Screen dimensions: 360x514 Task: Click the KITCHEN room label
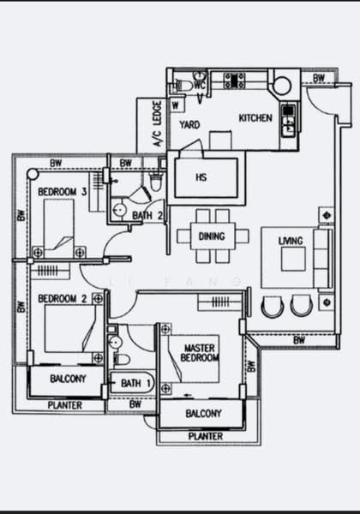255,118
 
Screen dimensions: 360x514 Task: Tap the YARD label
189,125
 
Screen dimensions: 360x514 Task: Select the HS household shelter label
201,177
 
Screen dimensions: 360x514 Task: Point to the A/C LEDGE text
158,123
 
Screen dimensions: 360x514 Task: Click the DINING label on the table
212,236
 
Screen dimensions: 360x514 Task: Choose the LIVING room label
291,242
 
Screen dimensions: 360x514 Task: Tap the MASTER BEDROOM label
200,353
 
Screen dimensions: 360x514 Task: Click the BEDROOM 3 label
63,192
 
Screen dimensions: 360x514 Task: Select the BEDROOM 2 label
63,299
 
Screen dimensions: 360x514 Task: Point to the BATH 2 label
147,216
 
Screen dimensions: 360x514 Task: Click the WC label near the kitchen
200,86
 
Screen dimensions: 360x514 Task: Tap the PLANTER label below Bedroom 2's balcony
65,405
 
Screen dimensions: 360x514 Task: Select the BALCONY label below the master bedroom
204,414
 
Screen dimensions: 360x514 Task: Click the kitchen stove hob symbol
234,81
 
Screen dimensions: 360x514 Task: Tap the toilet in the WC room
183,86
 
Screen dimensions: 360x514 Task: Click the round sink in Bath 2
119,209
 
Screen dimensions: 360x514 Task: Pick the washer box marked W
176,105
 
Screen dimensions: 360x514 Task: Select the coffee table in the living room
293,260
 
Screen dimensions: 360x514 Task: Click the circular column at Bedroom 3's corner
33,174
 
